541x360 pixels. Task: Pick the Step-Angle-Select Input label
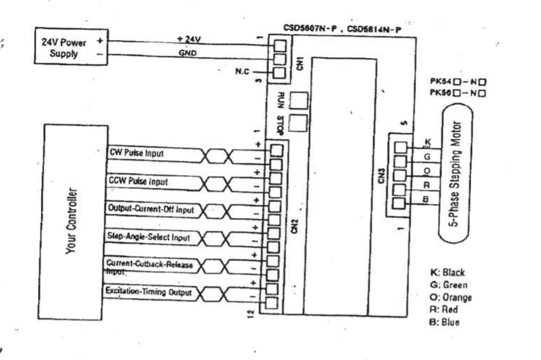click(141, 236)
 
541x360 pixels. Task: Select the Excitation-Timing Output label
click(141, 290)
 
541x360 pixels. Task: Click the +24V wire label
click(189, 39)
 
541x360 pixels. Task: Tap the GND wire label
click(188, 53)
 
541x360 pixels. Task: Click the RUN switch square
click(300, 100)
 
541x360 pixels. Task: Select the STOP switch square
click(299, 125)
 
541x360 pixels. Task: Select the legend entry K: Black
click(448, 272)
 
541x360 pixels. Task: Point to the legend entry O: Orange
click(451, 297)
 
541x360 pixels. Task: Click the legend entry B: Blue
click(445, 322)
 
